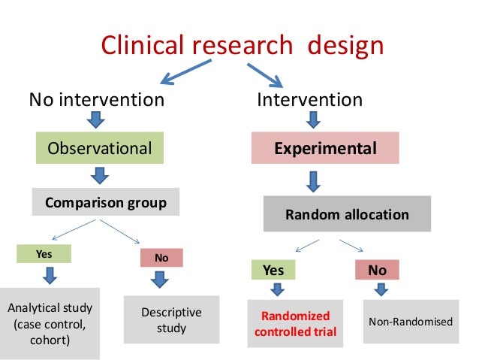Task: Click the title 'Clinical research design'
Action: pyautogui.click(x=243, y=46)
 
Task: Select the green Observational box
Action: pyautogui.click(x=99, y=148)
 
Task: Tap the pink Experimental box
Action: pyautogui.click(x=324, y=148)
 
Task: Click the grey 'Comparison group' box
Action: pyautogui.click(x=105, y=201)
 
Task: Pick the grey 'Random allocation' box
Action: pyautogui.click(x=347, y=214)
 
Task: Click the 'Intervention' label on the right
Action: pyautogui.click(x=310, y=99)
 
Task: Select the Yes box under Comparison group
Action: pyautogui.click(x=44, y=255)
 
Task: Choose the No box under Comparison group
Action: pyautogui.click(x=161, y=258)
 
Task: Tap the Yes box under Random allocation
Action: pyautogui.click(x=272, y=269)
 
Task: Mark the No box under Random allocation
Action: pyautogui.click(x=376, y=269)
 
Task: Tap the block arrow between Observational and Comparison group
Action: pyautogui.click(x=99, y=175)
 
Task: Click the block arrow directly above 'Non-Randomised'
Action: pyautogui.click(x=381, y=289)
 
